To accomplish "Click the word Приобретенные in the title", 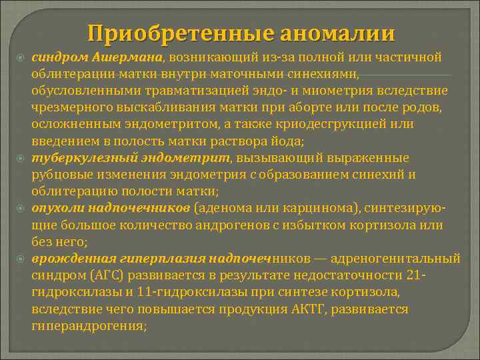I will click(176, 33).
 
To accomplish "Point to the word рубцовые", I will click(58, 175).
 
